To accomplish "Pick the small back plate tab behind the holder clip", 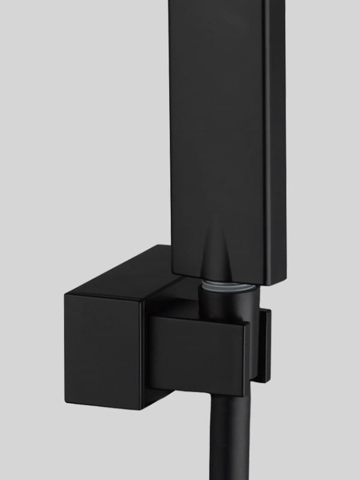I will point(263,346).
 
